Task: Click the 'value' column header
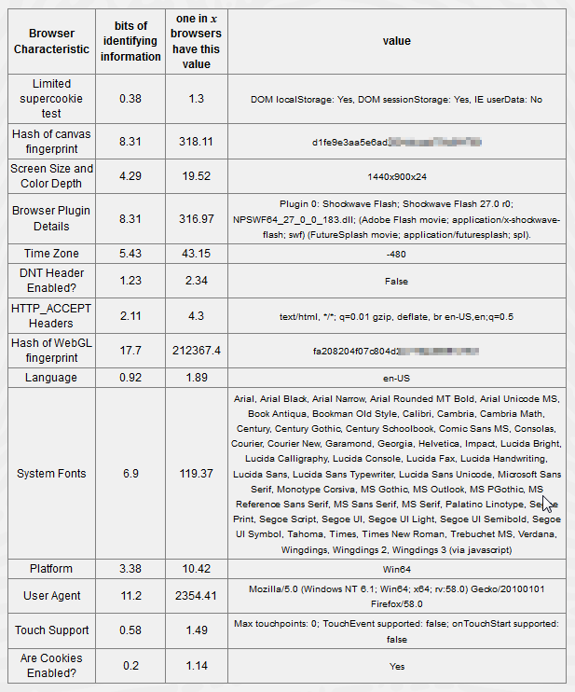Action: [x=396, y=41]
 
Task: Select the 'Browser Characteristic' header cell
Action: [x=51, y=41]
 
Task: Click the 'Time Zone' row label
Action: [x=51, y=254]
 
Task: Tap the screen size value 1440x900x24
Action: [x=396, y=175]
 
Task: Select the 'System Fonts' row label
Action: [x=51, y=474]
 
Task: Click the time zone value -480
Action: [x=396, y=254]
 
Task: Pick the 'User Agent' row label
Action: [x=51, y=595]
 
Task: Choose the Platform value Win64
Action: [x=396, y=568]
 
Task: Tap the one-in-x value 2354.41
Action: [x=197, y=595]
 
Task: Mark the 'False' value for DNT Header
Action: [x=396, y=281]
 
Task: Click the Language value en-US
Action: [x=396, y=381]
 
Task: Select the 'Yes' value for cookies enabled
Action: [x=396, y=667]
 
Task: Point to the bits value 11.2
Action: [x=130, y=595]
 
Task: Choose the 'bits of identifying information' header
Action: [x=130, y=41]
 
